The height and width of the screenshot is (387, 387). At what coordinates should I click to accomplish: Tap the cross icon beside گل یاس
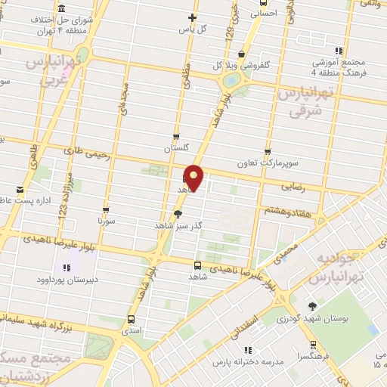[193, 17]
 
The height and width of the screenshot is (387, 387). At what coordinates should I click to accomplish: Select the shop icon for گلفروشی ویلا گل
[241, 54]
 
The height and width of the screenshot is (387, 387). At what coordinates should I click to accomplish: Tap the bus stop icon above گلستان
[177, 137]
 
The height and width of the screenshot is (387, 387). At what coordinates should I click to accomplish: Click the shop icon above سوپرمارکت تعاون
[267, 150]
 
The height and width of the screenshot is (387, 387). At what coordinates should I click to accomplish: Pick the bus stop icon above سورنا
[106, 210]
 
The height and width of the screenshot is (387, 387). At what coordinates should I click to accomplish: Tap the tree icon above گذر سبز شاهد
[178, 214]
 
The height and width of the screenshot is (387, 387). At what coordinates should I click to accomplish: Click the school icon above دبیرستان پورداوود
[67, 268]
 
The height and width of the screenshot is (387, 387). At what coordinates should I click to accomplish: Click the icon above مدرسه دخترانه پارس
[248, 349]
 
